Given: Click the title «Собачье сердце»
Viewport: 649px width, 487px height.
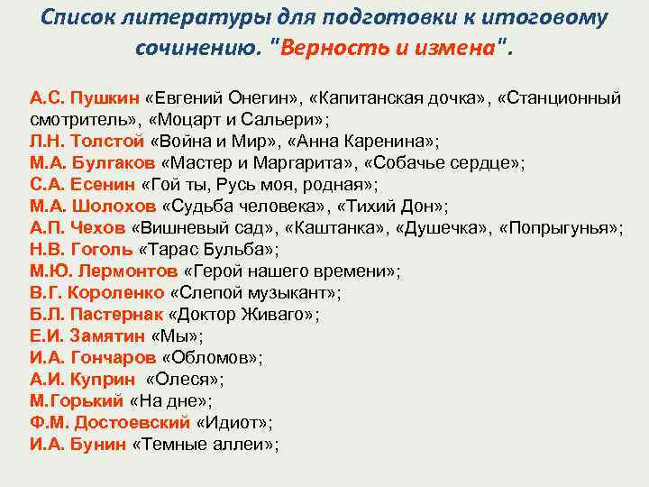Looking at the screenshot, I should (462, 162).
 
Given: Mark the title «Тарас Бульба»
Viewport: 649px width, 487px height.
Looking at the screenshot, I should (209, 249).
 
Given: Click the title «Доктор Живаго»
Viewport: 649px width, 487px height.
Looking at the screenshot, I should (243, 314).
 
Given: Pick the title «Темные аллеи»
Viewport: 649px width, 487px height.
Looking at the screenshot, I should (206, 444).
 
